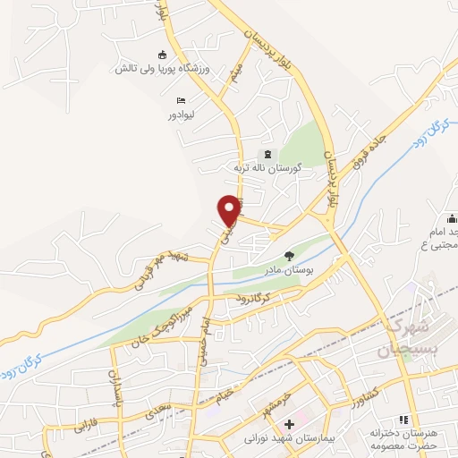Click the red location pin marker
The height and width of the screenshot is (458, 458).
[231, 209]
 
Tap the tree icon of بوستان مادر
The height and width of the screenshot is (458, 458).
[288, 256]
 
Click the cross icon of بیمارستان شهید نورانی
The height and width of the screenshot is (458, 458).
[288, 424]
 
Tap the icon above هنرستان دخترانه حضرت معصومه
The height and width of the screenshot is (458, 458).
[403, 420]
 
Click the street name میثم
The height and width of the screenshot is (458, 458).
[234, 79]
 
